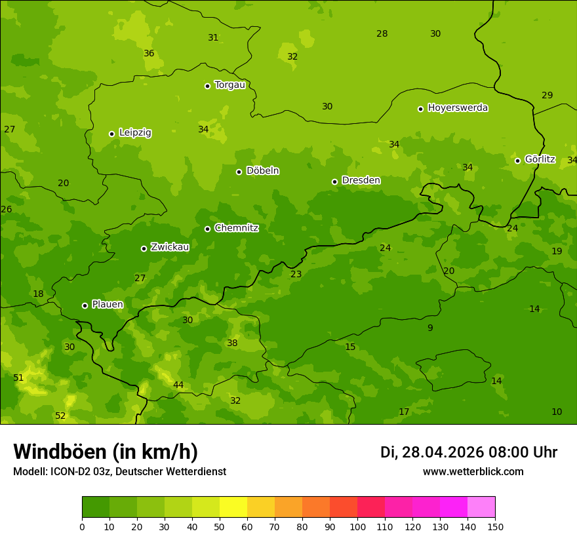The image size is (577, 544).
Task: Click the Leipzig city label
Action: pos(135,133)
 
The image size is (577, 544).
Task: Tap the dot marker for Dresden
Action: pos(334,182)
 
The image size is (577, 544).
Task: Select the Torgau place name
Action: pos(229,85)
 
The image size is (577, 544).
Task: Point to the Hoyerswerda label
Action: pos(458,108)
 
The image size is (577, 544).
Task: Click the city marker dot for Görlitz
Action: pos(517,161)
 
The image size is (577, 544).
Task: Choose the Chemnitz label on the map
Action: pos(236,228)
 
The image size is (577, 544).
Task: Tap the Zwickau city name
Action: pos(170,247)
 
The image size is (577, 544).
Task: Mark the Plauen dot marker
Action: pos(85,305)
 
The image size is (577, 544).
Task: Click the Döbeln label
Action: pos(262,171)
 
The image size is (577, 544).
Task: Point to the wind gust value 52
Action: pos(60,416)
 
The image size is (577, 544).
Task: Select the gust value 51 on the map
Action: pos(18,378)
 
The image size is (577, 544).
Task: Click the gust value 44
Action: pos(178,385)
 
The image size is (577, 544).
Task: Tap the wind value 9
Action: pos(430,328)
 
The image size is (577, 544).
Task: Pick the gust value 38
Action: pos(232,343)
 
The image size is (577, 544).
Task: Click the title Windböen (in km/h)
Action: pos(106,452)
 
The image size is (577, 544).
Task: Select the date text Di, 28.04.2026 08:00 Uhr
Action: pos(469,452)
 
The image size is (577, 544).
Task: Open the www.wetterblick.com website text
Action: pos(473,472)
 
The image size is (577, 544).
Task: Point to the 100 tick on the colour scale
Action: pos(357,526)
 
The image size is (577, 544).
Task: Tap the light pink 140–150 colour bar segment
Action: pos(481,507)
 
